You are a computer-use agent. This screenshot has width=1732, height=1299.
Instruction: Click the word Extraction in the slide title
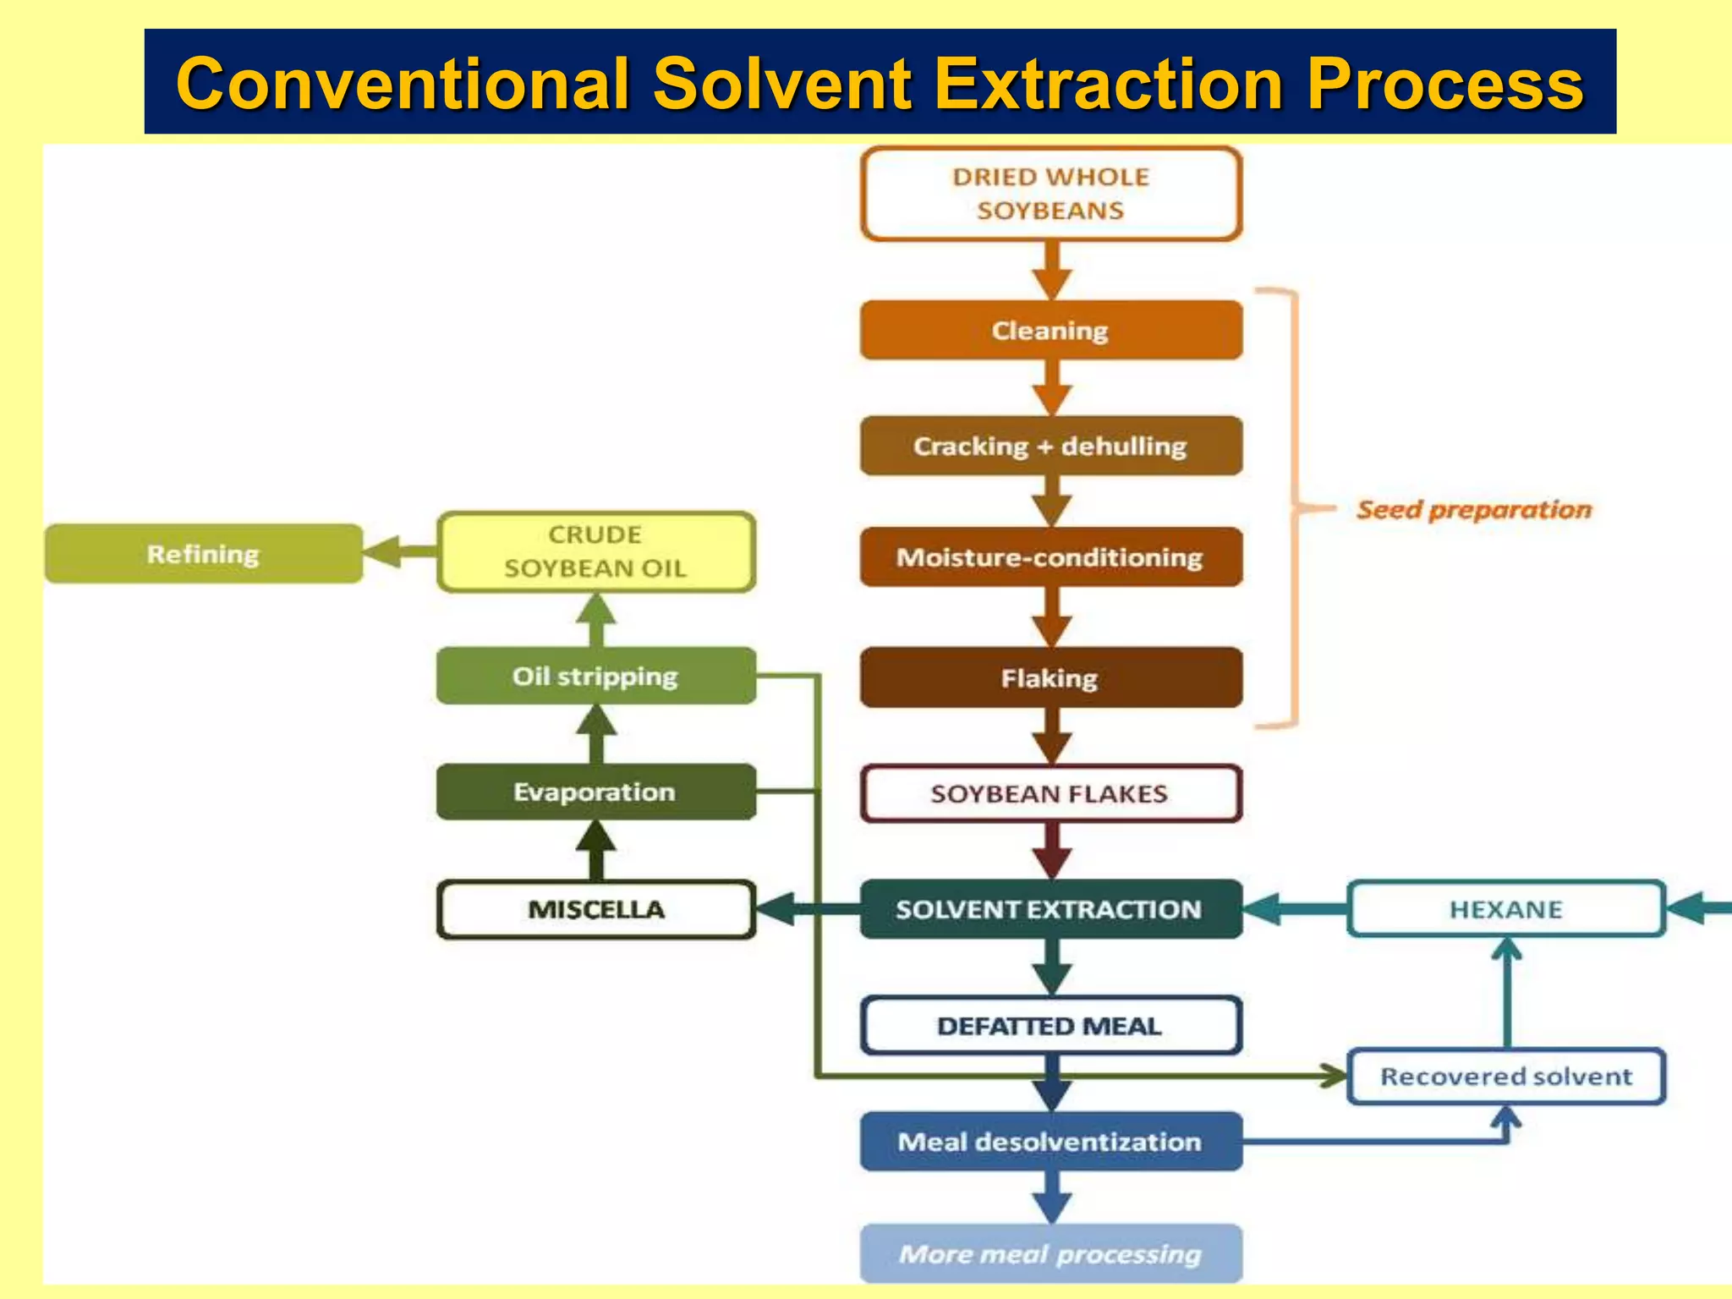1109,84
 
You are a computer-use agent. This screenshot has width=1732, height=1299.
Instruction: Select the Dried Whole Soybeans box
1050,194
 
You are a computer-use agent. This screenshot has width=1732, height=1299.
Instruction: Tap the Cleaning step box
1050,331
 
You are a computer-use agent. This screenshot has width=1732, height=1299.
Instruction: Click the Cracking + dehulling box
1050,446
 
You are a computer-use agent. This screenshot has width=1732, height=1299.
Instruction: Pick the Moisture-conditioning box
1050,557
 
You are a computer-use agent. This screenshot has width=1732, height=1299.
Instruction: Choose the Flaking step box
1050,677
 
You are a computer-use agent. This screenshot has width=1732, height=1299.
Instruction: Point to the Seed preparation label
1474,510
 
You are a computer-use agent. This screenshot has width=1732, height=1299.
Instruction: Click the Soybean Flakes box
1050,793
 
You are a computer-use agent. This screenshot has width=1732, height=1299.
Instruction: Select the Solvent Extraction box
1050,909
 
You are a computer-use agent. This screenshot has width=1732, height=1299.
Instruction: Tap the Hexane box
1505,909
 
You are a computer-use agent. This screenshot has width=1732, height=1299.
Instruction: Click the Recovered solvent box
1505,1077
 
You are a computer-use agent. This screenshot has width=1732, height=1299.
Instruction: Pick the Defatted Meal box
1050,1026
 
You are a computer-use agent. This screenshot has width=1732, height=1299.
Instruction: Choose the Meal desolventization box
1050,1142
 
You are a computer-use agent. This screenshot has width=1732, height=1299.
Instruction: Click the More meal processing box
1050,1253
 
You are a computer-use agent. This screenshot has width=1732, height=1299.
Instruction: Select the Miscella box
596,909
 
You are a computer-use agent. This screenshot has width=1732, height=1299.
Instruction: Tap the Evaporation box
596,792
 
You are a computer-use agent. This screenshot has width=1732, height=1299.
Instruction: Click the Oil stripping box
596,676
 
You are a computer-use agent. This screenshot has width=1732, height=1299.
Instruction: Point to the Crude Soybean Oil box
596,551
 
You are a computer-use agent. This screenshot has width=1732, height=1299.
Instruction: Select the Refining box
203,554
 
